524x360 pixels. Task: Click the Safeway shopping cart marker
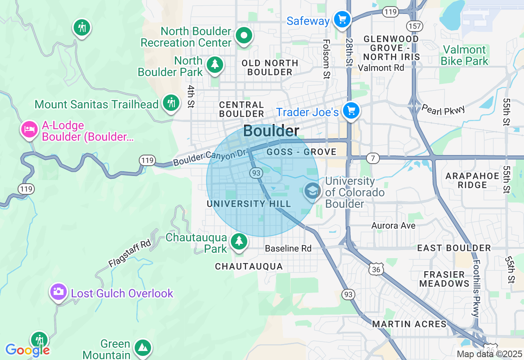342,19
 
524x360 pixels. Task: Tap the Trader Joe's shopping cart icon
351,110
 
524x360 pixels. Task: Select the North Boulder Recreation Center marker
244,36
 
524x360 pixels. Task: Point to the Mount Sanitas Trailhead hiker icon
171,102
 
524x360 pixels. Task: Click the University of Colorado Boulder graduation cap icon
312,191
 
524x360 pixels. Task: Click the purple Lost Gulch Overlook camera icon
59,291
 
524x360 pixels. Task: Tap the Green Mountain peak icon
142,347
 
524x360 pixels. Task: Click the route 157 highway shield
414,26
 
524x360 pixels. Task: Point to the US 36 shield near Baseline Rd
376,269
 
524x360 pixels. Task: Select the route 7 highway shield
373,158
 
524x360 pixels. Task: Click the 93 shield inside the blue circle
256,173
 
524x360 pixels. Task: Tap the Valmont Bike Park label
465,56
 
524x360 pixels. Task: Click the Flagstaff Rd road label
130,254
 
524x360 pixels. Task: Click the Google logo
27,350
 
